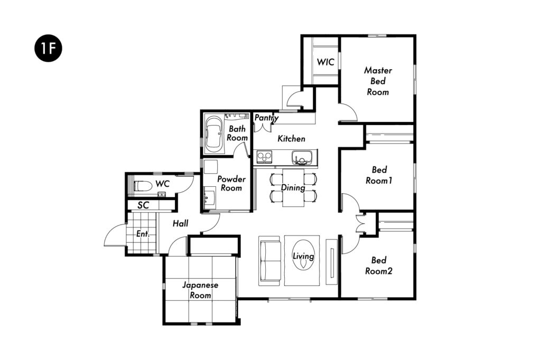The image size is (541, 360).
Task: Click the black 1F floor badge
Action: [48, 48]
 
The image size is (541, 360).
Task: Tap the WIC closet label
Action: [325, 62]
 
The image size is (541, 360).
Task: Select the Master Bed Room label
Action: [378, 81]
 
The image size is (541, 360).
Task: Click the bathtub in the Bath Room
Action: [214, 135]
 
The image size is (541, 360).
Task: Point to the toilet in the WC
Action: [143, 186]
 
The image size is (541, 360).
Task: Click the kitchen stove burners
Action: [265, 157]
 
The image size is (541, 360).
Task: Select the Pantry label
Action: [266, 118]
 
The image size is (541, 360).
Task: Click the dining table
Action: [293, 187]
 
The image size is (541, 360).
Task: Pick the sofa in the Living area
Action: [269, 261]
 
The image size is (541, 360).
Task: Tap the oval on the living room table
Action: [303, 255]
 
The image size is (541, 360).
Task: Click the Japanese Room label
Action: [200, 290]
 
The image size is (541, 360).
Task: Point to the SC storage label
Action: [143, 205]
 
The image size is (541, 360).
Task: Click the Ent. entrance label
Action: [143, 234]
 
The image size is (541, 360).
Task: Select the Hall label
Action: [181, 223]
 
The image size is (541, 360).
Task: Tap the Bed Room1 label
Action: [379, 175]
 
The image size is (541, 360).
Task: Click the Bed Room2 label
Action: [379, 266]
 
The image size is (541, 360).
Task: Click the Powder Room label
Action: [231, 184]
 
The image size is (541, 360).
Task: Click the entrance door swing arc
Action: [111, 231]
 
